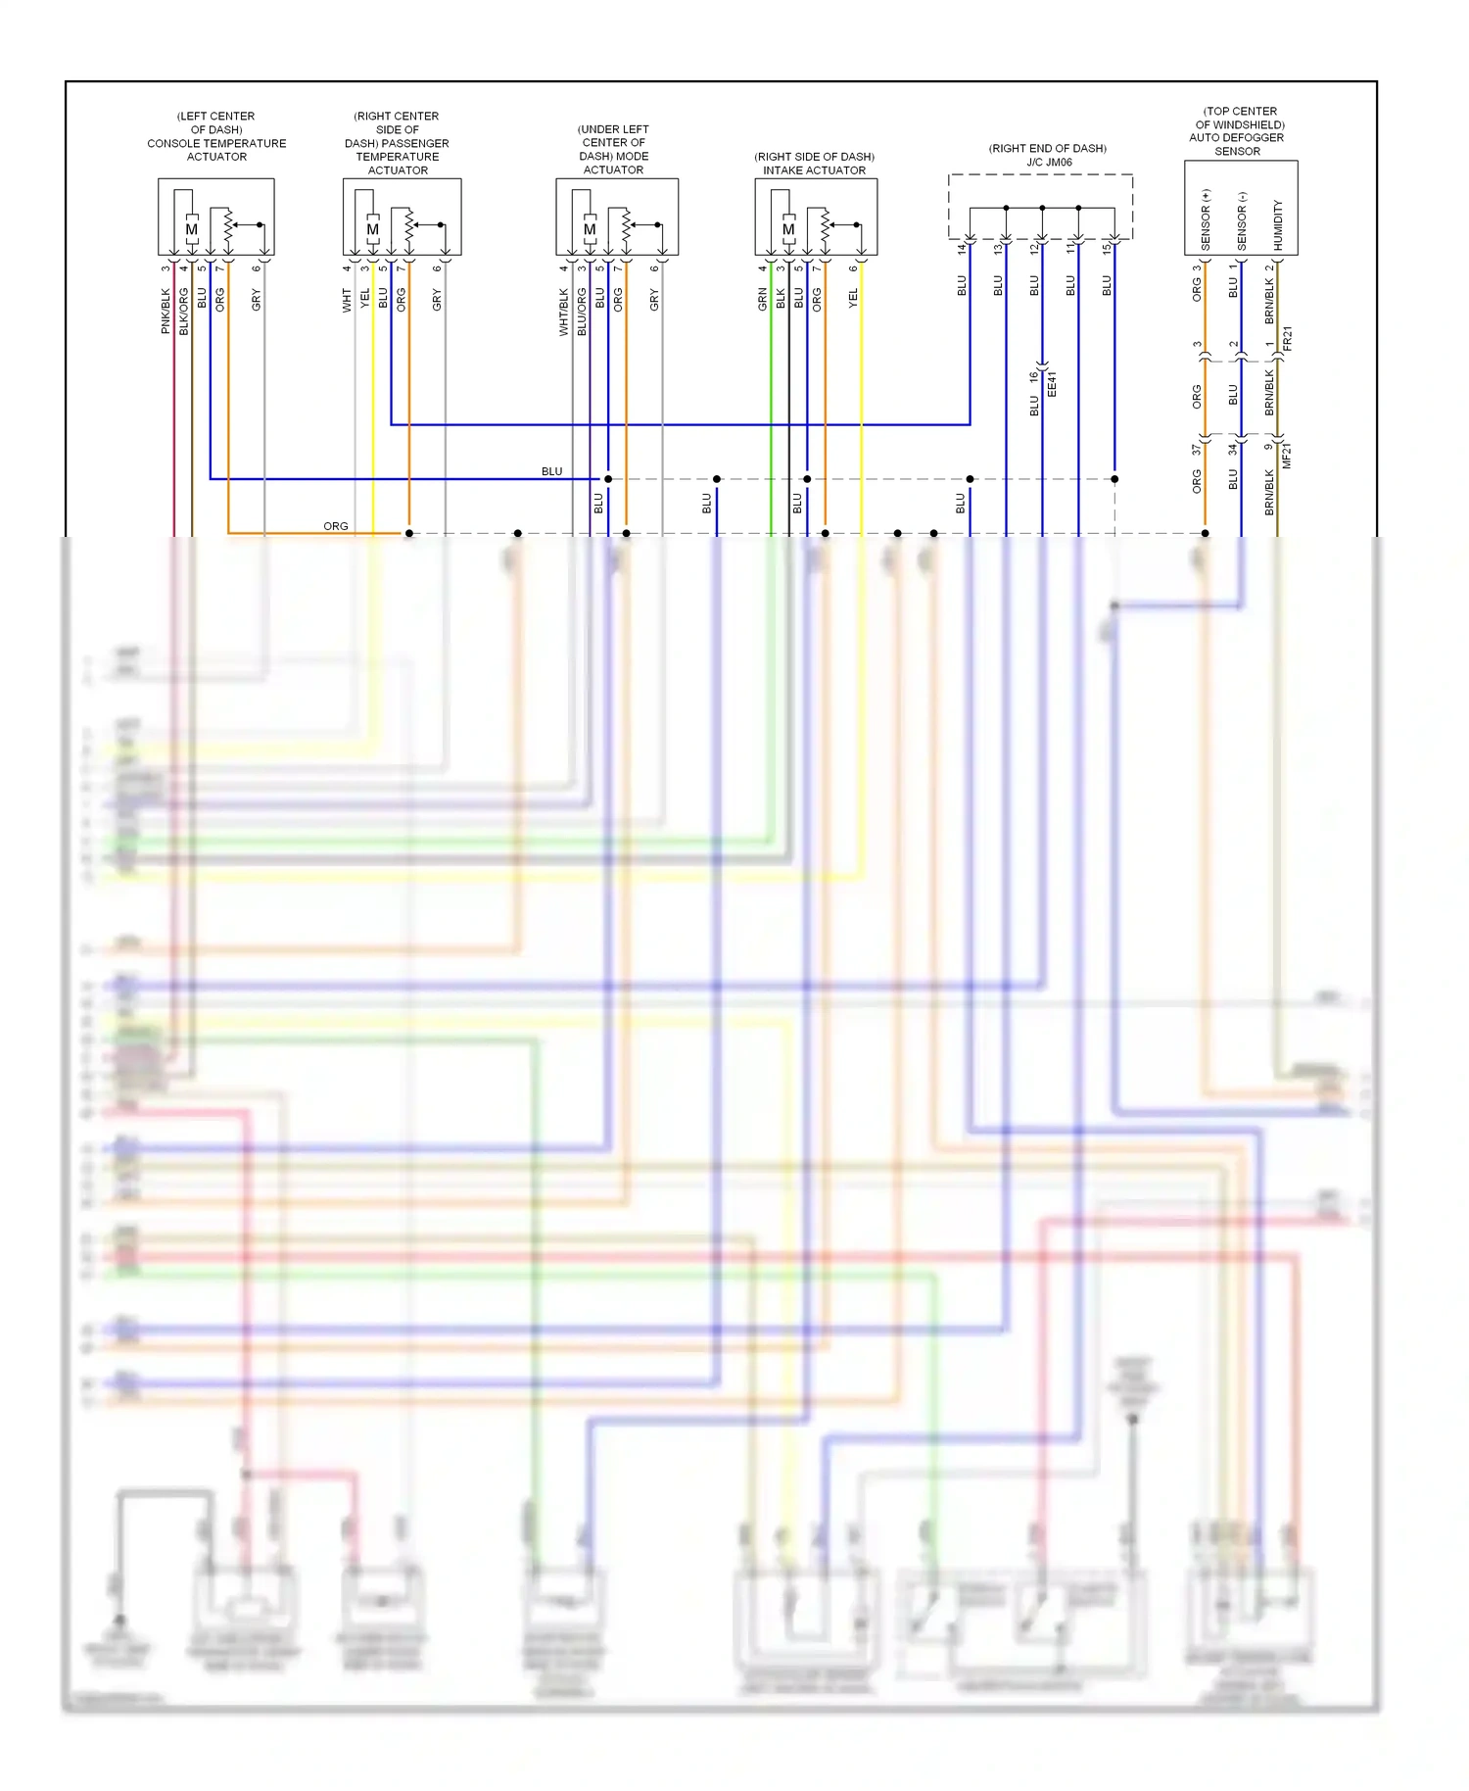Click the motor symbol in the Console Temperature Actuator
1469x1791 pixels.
[191, 229]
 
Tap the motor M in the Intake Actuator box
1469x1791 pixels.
[788, 229]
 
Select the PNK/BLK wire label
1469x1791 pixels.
[166, 311]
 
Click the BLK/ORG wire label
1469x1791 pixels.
[183, 312]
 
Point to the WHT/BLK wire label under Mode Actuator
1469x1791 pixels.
[564, 312]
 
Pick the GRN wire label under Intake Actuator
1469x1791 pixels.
[762, 300]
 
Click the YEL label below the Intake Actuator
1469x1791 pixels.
[853, 298]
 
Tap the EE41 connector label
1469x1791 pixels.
[1052, 383]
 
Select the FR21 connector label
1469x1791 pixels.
[1288, 339]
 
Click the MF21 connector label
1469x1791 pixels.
[1288, 455]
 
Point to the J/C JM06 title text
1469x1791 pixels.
[1049, 163]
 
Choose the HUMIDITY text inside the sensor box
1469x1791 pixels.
[1278, 224]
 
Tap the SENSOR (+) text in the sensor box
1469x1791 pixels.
[1206, 218]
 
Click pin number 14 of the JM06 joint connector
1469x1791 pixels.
[962, 249]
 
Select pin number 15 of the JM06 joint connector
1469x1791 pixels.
[1107, 249]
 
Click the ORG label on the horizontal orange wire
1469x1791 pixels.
[336, 526]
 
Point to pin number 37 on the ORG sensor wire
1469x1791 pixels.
[1196, 450]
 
